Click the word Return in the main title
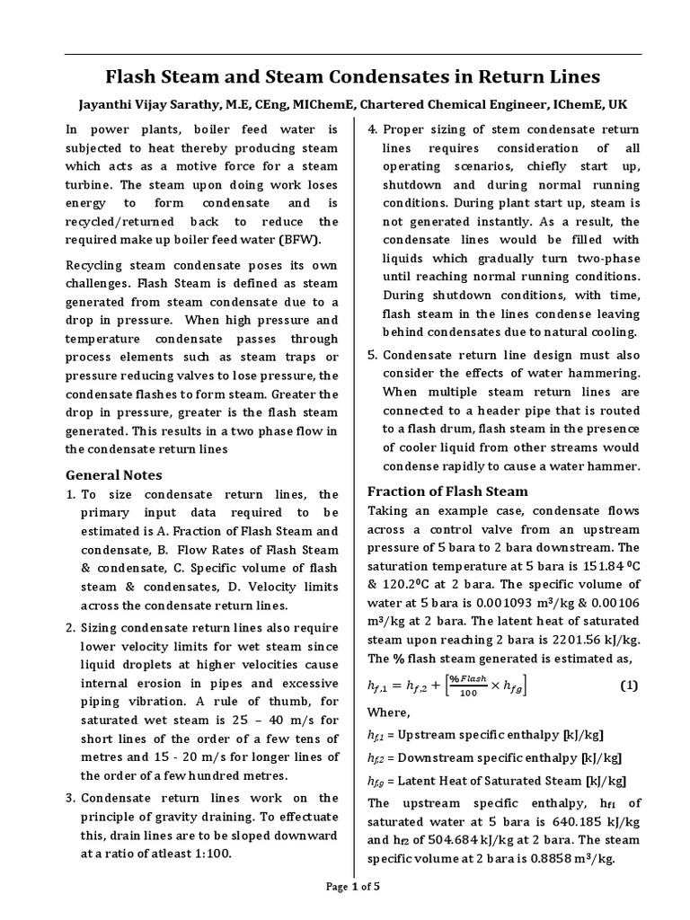(501, 76)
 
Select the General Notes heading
(115, 474)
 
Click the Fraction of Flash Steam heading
(448, 491)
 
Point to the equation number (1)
(629, 686)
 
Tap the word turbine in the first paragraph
(91, 184)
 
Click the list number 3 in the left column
(71, 798)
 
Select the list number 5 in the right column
(373, 355)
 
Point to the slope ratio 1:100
(212, 854)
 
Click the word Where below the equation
(388, 712)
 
